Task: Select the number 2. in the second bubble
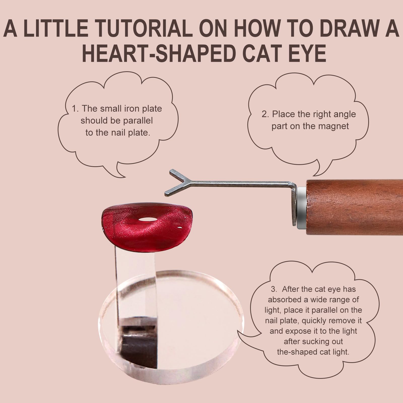pos(266,114)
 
